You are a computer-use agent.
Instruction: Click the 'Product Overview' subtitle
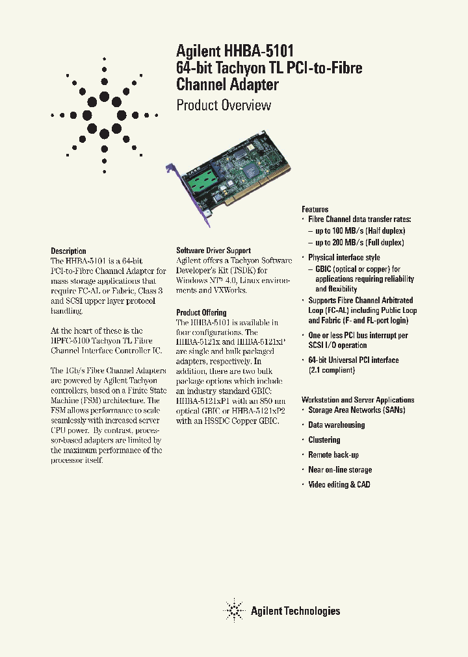(224, 105)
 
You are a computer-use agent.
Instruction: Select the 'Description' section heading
(68, 251)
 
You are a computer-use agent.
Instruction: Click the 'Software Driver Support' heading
(213, 251)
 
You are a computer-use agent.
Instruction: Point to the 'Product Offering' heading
(201, 312)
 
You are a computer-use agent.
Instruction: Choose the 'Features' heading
(315, 209)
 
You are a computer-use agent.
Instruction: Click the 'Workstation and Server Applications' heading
(357, 400)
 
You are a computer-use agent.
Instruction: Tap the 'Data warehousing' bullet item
(336, 425)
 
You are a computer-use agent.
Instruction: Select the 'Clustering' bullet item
(324, 440)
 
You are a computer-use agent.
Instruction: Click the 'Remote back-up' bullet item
(333, 455)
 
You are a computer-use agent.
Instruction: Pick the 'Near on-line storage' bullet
(340, 470)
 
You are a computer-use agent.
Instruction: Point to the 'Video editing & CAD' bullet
(339, 485)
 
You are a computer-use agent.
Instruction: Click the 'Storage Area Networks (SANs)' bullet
(356, 410)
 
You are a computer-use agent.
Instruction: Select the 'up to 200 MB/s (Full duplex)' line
(359, 242)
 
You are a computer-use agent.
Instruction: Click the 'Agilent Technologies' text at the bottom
(295, 611)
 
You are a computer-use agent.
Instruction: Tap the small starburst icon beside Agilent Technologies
(233, 610)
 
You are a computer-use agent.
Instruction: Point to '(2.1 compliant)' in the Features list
(331, 370)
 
